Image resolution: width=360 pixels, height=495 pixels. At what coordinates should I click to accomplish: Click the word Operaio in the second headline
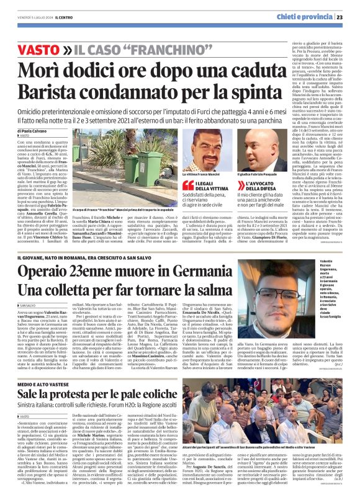coord(51,271)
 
